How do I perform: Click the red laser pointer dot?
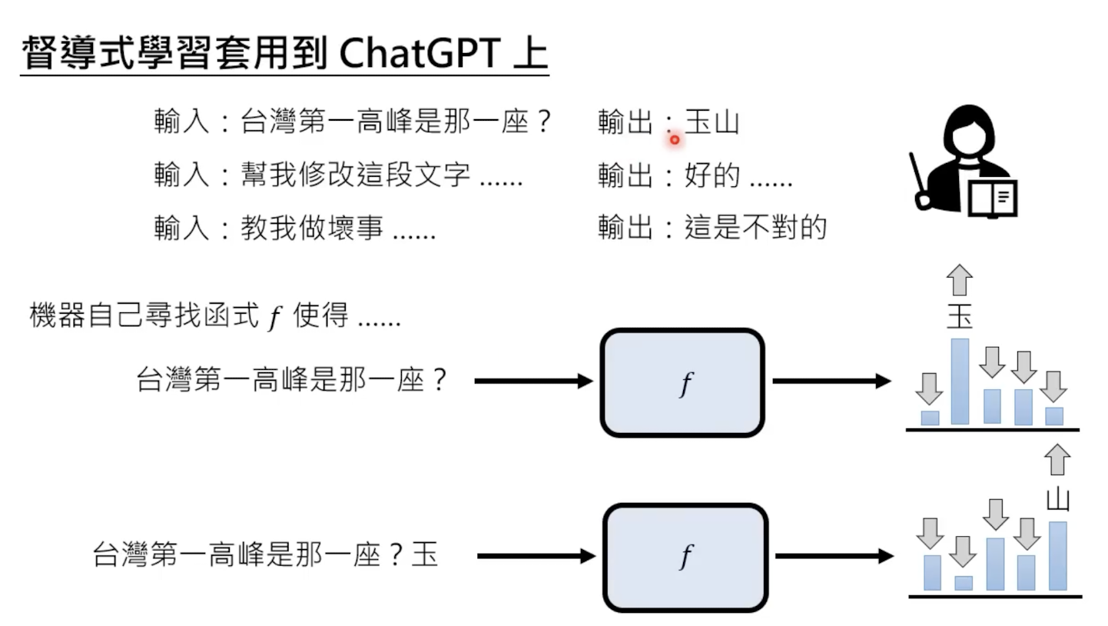pyautogui.click(x=674, y=139)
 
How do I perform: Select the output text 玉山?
pyautogui.click(x=712, y=123)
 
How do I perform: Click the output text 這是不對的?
pyautogui.click(x=755, y=228)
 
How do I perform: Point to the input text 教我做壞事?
pyautogui.click(x=311, y=228)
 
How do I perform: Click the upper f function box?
pyautogui.click(x=682, y=382)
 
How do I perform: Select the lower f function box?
pyautogui.click(x=685, y=557)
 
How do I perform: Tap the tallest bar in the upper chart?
pyautogui.click(x=960, y=381)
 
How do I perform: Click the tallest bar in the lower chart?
pyautogui.click(x=1057, y=555)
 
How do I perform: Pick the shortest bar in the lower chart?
pyautogui.click(x=963, y=583)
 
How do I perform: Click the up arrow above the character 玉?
pyautogui.click(x=960, y=280)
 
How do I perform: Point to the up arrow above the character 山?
pyautogui.click(x=1058, y=460)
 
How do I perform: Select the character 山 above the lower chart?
pyautogui.click(x=1058, y=499)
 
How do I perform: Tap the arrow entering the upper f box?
pyautogui.click(x=533, y=381)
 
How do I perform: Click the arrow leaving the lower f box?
pyautogui.click(x=834, y=555)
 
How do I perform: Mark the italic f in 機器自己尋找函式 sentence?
pyautogui.click(x=274, y=317)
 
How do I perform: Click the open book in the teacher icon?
pyautogui.click(x=993, y=198)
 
